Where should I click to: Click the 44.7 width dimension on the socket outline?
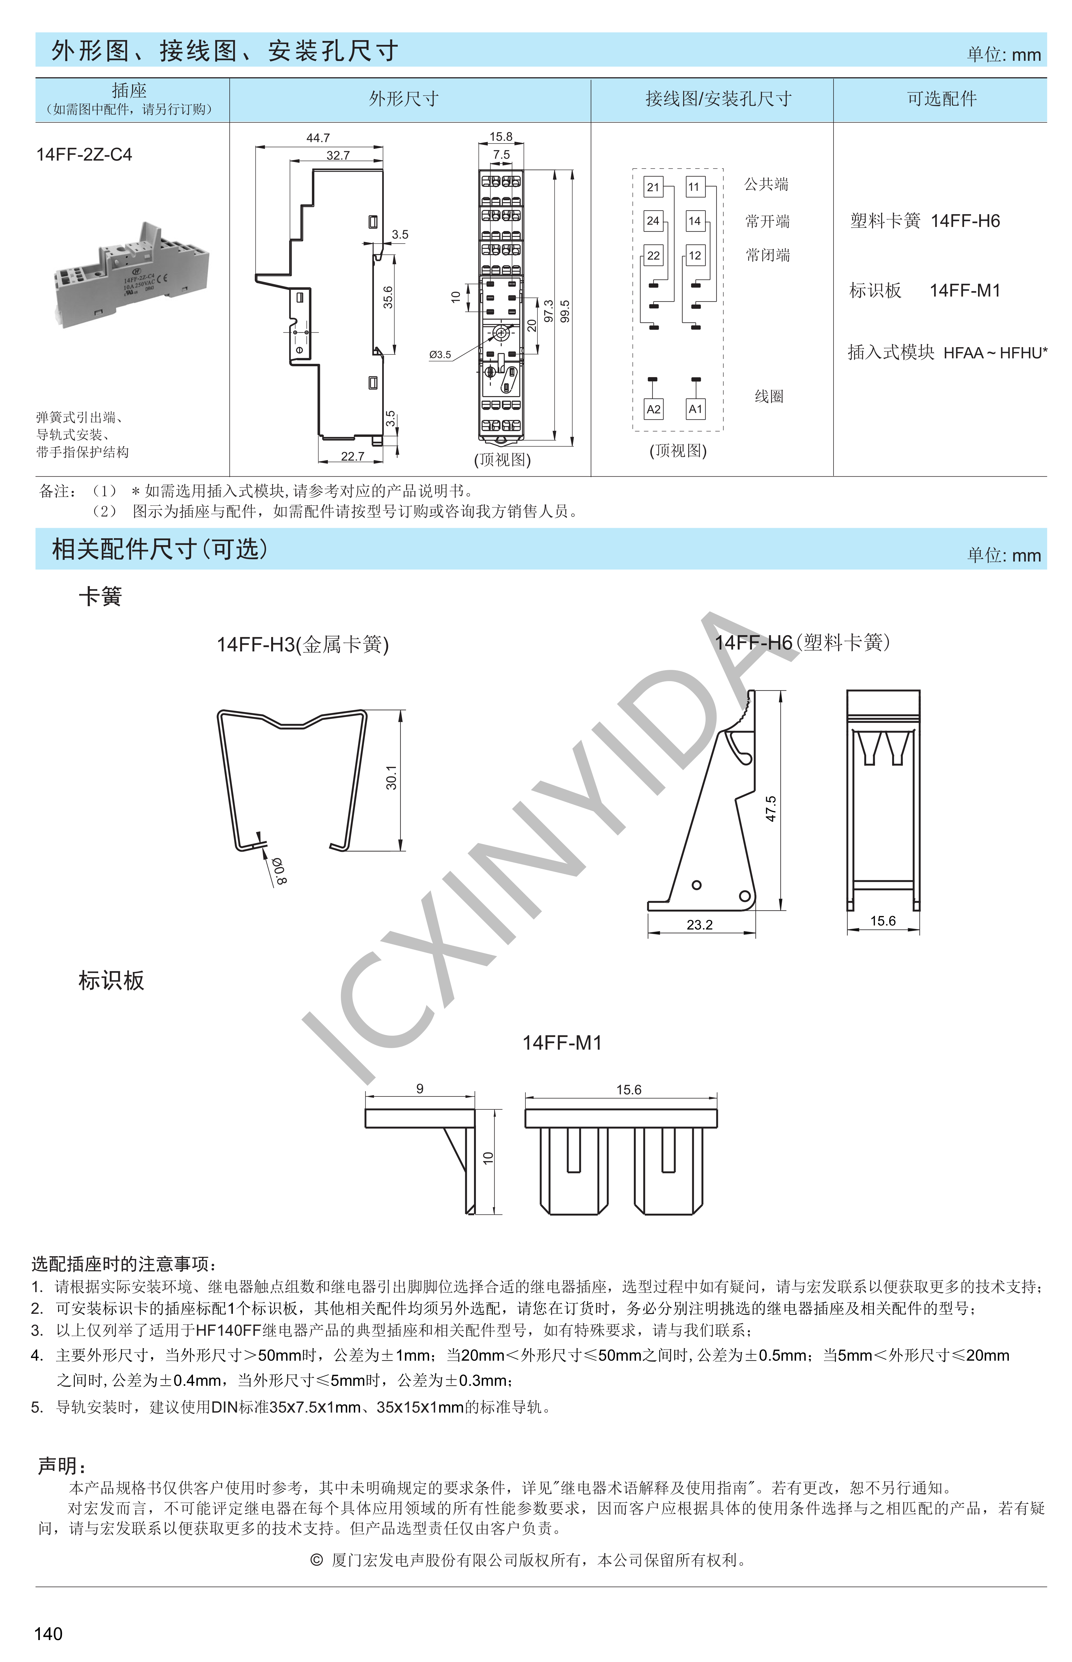(318, 138)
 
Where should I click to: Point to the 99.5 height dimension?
(565, 311)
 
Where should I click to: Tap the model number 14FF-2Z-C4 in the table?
(84, 154)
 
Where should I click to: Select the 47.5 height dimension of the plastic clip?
(771, 809)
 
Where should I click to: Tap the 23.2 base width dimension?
(700, 925)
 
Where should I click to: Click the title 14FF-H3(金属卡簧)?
(303, 644)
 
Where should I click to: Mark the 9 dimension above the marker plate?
(420, 1088)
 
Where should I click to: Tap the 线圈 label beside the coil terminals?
(769, 397)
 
